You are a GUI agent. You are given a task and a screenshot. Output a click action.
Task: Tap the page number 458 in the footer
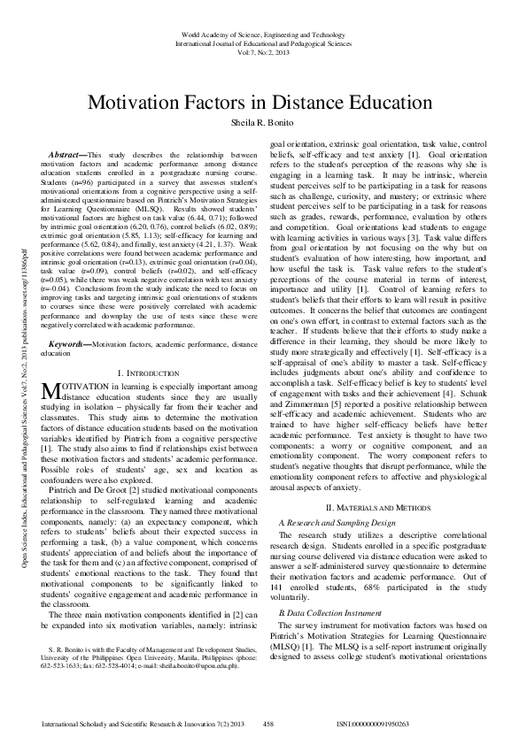pyautogui.click(x=271, y=725)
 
